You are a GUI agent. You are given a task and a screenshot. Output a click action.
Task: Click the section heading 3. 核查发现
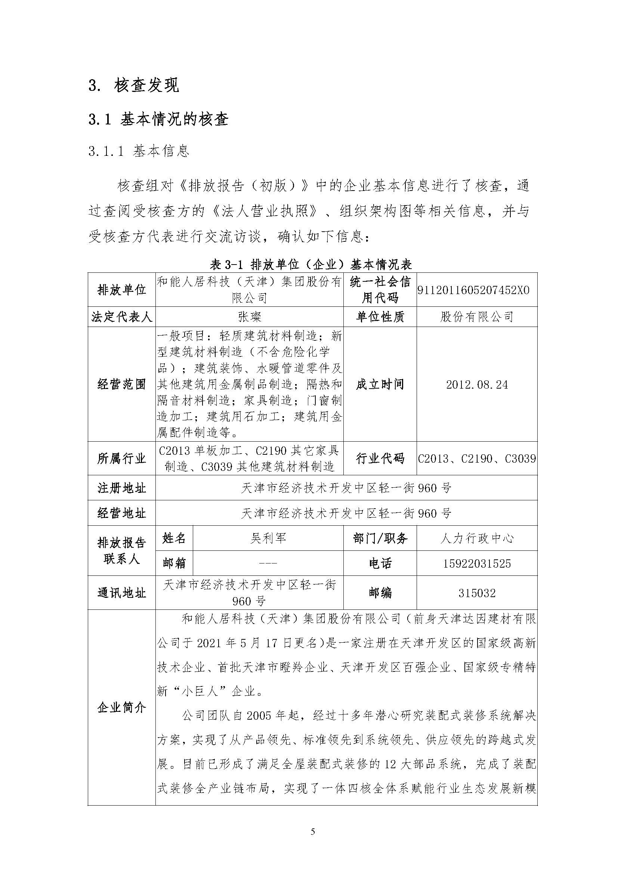point(133,86)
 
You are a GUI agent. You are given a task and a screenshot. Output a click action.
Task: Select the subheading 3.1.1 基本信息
point(139,151)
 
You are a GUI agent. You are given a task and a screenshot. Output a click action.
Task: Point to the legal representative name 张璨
point(249,317)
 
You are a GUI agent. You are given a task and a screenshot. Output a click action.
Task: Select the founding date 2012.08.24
point(477,385)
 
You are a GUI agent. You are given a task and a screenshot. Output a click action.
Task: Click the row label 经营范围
point(121,385)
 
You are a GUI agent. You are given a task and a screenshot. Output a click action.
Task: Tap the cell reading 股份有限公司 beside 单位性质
point(477,317)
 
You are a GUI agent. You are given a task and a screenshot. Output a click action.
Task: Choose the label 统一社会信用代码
point(380,290)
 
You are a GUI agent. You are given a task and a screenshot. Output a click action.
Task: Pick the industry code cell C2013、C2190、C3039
point(477,458)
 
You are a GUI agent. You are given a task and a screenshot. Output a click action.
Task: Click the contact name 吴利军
point(268,538)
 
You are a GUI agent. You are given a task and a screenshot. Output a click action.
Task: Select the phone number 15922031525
point(477,563)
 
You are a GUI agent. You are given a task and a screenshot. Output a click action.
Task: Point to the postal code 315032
point(477,593)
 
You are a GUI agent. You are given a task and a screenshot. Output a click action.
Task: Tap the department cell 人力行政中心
point(477,538)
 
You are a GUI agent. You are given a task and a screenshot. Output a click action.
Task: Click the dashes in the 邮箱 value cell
point(268,563)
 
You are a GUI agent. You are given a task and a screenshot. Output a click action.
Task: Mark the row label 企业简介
point(121,708)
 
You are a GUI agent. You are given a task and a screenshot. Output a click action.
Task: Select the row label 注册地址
point(121,488)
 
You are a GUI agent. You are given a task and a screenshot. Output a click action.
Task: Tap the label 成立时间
point(380,385)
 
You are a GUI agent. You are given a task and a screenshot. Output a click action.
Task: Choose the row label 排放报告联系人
point(121,551)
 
